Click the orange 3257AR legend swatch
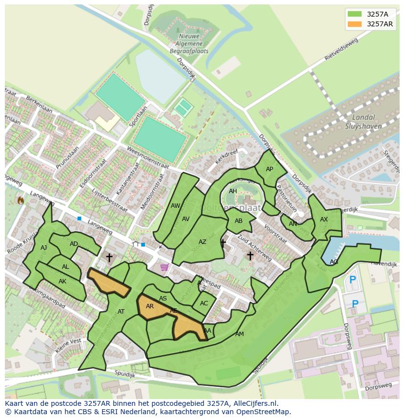(x=355, y=24)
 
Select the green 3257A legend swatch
(x=355, y=14)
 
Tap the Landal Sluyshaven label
(x=364, y=121)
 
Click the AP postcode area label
(x=269, y=169)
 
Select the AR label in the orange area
(x=150, y=306)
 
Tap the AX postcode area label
(x=324, y=220)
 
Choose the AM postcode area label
(x=239, y=334)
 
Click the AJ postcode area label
(x=44, y=248)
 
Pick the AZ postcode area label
(x=202, y=242)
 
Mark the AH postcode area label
(x=233, y=191)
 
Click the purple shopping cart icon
(x=164, y=267)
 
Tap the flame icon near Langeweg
(x=20, y=200)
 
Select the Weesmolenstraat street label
(x=147, y=157)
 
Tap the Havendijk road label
(x=384, y=264)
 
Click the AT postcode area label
(x=121, y=312)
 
